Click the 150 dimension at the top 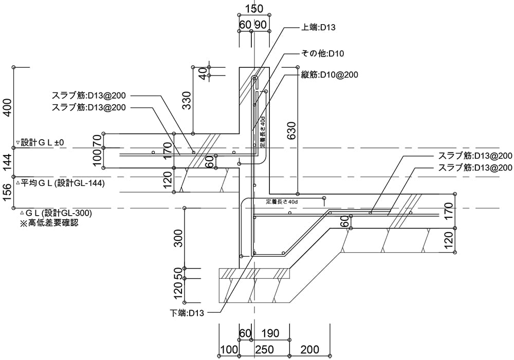(254, 9)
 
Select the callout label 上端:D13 (318, 27)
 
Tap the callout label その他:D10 (322, 53)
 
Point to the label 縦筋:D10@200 (329, 74)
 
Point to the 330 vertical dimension (187, 101)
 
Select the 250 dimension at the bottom (264, 350)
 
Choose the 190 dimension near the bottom (270, 334)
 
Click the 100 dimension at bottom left (229, 350)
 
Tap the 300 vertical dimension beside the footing (178, 238)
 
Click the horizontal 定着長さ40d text (282, 201)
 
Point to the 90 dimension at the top (261, 25)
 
